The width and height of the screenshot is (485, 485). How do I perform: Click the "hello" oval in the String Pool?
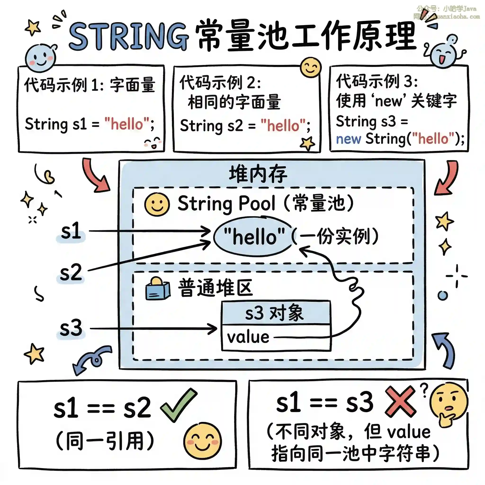pyautogui.click(x=254, y=237)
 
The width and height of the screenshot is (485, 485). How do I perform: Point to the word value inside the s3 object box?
pyautogui.click(x=248, y=337)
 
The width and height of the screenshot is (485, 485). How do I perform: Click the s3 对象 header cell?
pyautogui.click(x=276, y=313)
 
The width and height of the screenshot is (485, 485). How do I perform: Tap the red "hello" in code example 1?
pyautogui.click(x=127, y=124)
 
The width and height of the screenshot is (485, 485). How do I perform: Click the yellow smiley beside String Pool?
pyautogui.click(x=157, y=204)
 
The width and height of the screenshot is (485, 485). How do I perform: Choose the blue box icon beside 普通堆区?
pyautogui.click(x=157, y=289)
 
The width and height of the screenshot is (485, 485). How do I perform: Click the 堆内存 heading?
pyautogui.click(x=258, y=174)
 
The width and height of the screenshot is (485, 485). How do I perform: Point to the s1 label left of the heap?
pyautogui.click(x=71, y=231)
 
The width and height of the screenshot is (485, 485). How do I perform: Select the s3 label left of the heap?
pyautogui.click(x=71, y=328)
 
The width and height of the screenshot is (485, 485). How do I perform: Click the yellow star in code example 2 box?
pyautogui.click(x=307, y=143)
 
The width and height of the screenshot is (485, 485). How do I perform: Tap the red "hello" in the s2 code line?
pyautogui.click(x=283, y=126)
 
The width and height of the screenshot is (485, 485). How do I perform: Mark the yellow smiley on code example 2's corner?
pyautogui.click(x=311, y=67)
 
